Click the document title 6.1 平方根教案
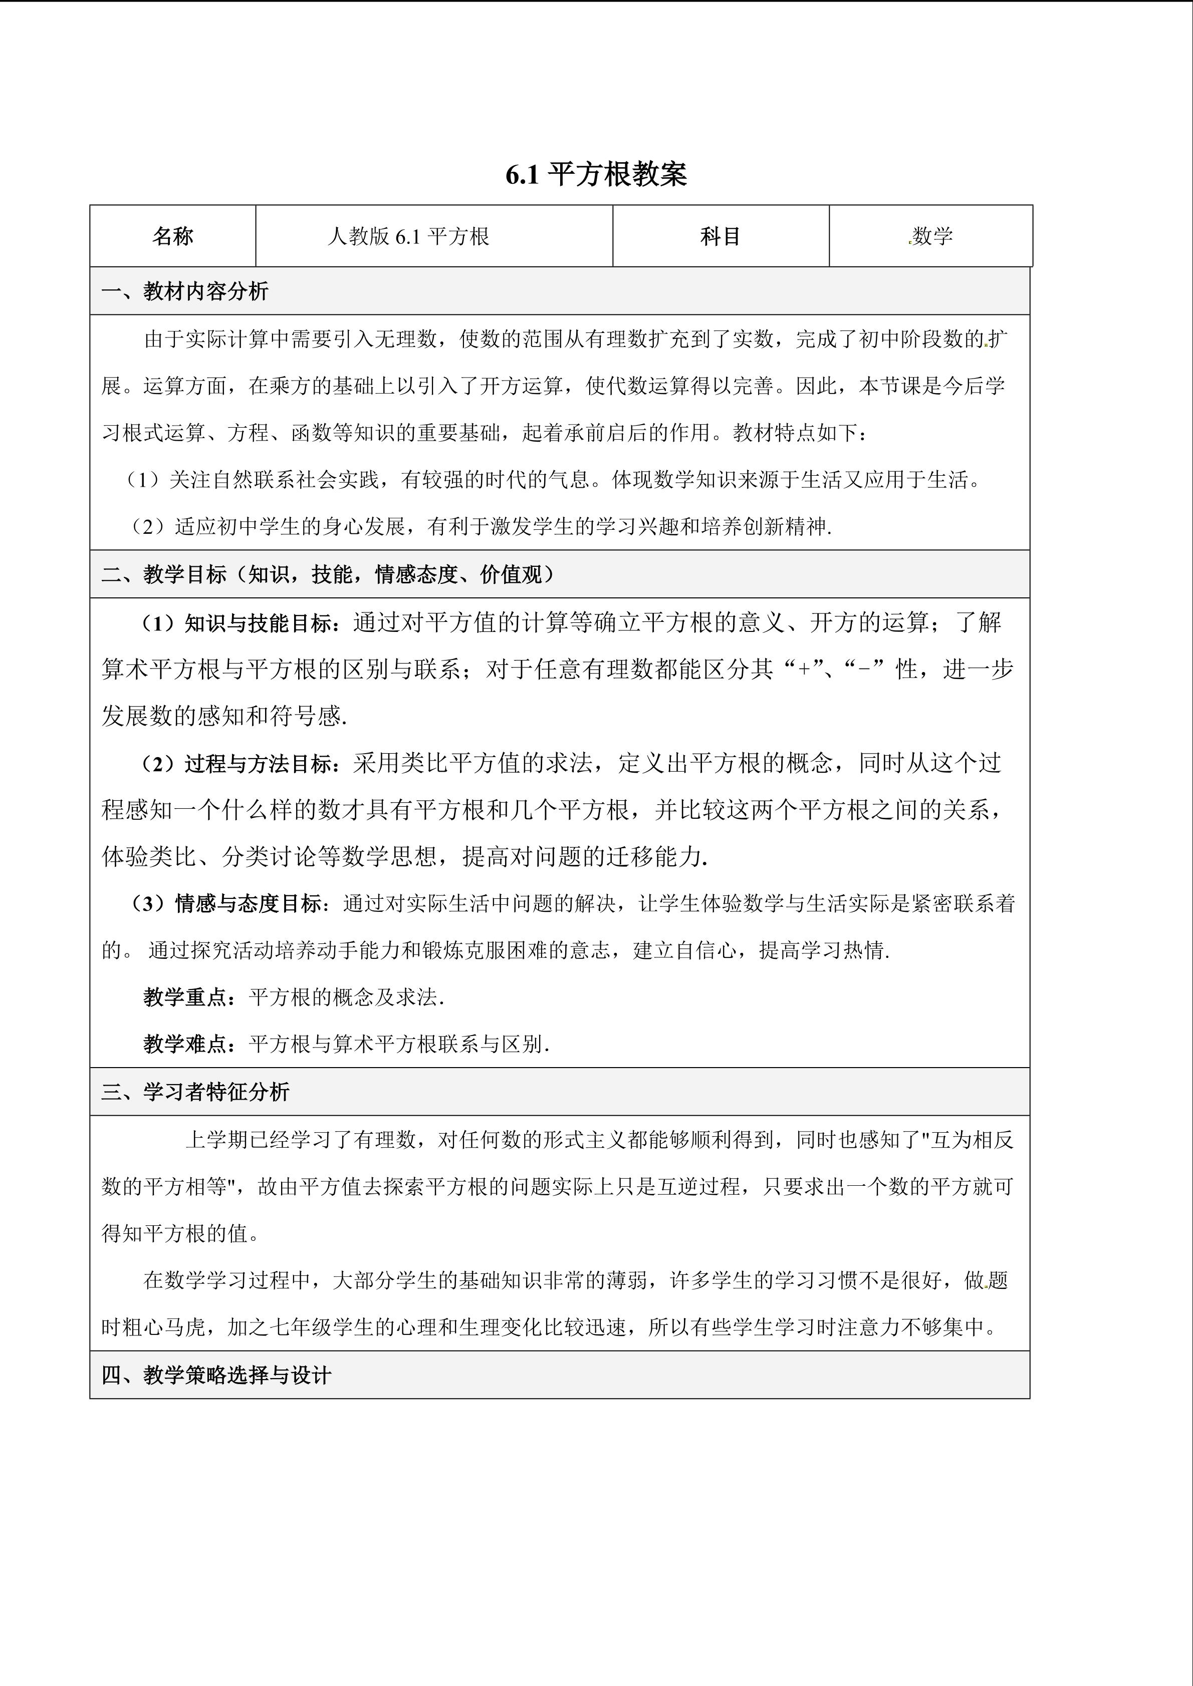(596, 175)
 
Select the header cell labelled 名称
(173, 236)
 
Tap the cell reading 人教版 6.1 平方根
(408, 236)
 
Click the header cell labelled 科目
(720, 236)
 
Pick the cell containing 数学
(931, 236)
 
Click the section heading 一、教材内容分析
(185, 291)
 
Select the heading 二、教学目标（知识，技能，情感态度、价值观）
(328, 574)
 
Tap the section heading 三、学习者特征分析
(195, 1092)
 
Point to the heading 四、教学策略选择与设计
(217, 1376)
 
